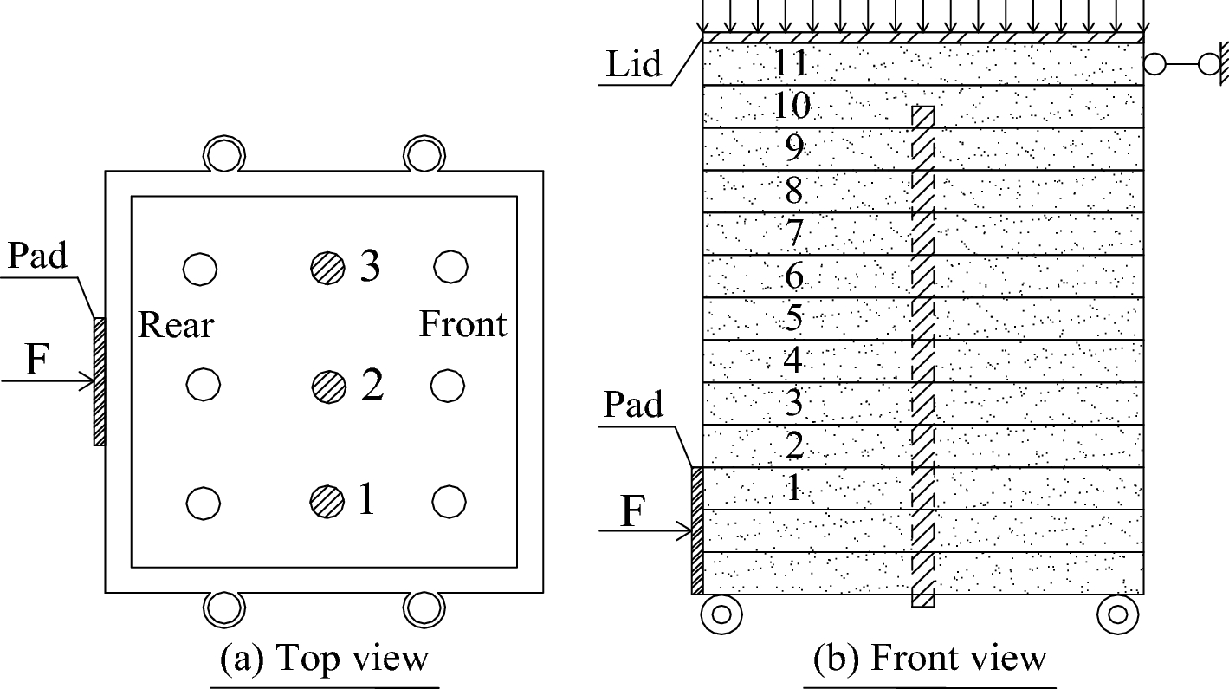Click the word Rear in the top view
click(176, 325)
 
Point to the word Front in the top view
click(462, 325)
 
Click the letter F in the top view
click(34, 361)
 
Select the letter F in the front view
click(633, 511)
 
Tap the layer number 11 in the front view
click(792, 63)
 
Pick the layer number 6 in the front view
click(793, 276)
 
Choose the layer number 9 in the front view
click(793, 148)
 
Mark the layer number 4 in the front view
click(793, 361)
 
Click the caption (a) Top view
click(325, 659)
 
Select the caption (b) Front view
click(930, 659)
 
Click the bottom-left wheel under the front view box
click(721, 614)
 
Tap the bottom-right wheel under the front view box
click(1116, 614)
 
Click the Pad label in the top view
click(37, 257)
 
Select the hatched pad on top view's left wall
click(100, 381)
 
